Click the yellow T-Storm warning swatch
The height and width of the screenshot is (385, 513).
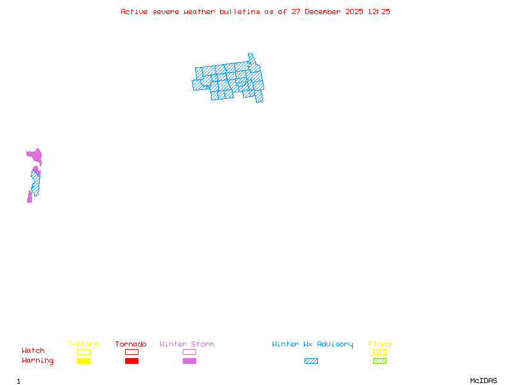[x=83, y=361]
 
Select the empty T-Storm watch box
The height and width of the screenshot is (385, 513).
[x=83, y=352]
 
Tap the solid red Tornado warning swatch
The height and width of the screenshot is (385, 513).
[x=131, y=361]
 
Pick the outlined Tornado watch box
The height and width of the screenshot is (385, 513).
[x=131, y=352]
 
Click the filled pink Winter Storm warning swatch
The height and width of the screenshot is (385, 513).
[x=189, y=361]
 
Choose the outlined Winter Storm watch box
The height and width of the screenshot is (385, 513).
[x=189, y=352]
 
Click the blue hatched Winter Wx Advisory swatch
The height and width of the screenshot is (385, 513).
[x=311, y=361]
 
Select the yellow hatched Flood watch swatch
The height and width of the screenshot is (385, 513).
[x=380, y=352]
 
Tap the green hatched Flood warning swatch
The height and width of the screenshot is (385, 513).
[x=380, y=361]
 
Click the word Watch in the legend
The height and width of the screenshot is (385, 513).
[x=33, y=351]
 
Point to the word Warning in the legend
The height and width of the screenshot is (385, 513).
[x=37, y=361]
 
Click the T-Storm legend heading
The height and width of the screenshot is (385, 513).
[x=83, y=345]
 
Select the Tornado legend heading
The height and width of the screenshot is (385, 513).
[x=131, y=345]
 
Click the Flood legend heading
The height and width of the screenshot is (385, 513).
[x=380, y=345]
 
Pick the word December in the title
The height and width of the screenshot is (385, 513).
[x=327, y=12]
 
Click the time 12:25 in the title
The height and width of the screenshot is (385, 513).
[x=378, y=12]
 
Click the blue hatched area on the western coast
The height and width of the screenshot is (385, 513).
[x=35, y=183]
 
